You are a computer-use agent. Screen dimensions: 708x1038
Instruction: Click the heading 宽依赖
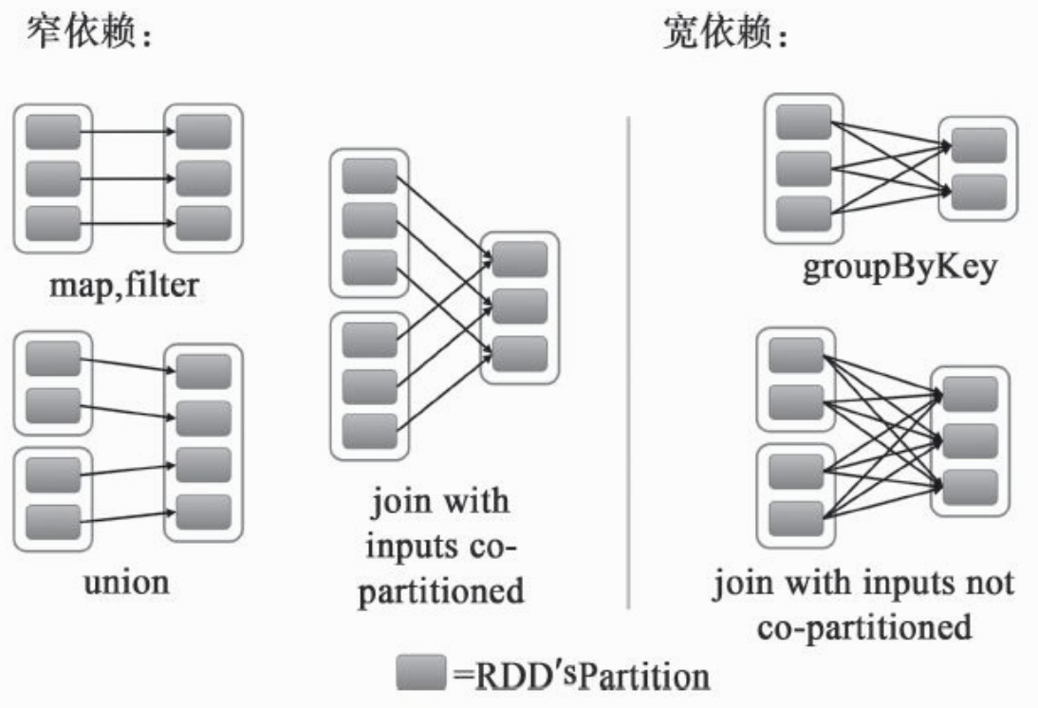point(725,36)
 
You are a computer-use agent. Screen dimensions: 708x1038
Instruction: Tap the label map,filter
point(125,282)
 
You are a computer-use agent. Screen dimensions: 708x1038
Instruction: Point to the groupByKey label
point(899,269)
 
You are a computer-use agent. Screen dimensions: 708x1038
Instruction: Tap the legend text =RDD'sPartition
point(581,677)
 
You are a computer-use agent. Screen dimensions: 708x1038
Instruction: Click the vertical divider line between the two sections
point(629,361)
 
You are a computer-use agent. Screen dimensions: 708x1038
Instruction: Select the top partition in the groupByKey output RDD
point(978,145)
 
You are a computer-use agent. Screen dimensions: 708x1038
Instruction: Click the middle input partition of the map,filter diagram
point(53,177)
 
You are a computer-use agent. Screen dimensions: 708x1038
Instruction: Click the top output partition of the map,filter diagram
point(203,133)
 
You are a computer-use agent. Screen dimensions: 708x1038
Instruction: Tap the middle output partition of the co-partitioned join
point(520,306)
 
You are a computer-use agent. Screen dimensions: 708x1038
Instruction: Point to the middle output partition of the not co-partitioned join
point(970,441)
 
